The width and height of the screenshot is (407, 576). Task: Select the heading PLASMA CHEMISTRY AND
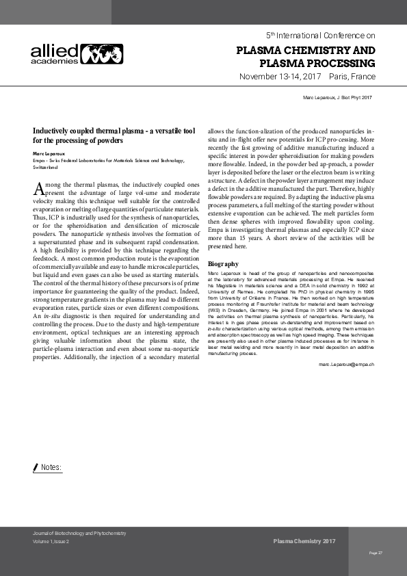[x=305, y=51]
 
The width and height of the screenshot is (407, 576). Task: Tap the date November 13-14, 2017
[x=280, y=77]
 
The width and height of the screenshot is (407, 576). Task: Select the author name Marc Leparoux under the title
[x=53, y=154]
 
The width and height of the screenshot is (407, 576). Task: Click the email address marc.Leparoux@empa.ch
[x=346, y=365]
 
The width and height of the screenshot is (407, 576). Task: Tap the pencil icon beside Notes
[x=36, y=467]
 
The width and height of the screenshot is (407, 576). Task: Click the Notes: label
[x=51, y=467]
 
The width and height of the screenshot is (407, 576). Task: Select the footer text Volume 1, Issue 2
[x=51, y=541]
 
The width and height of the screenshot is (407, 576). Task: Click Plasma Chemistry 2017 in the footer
[x=304, y=541]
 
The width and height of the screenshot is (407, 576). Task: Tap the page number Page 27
[x=376, y=552]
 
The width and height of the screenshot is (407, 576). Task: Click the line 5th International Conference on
[x=320, y=34]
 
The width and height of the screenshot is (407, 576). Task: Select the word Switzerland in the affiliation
[x=45, y=167]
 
